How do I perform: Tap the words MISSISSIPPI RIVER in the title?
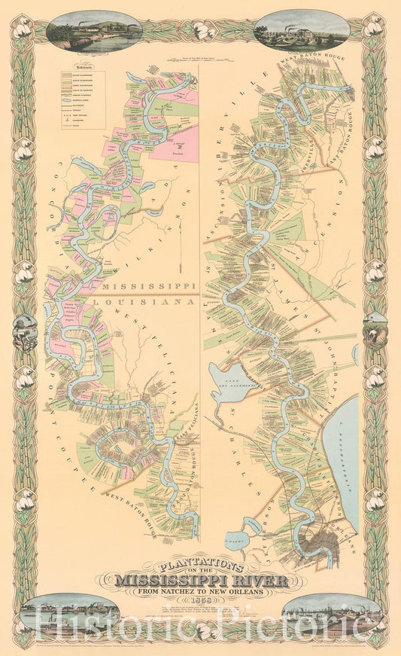tap(201, 580)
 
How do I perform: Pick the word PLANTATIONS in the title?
tap(200, 566)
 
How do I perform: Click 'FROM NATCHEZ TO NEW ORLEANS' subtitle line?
tap(201, 591)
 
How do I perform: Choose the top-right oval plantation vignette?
tap(301, 30)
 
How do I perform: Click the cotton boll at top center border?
tap(200, 30)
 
